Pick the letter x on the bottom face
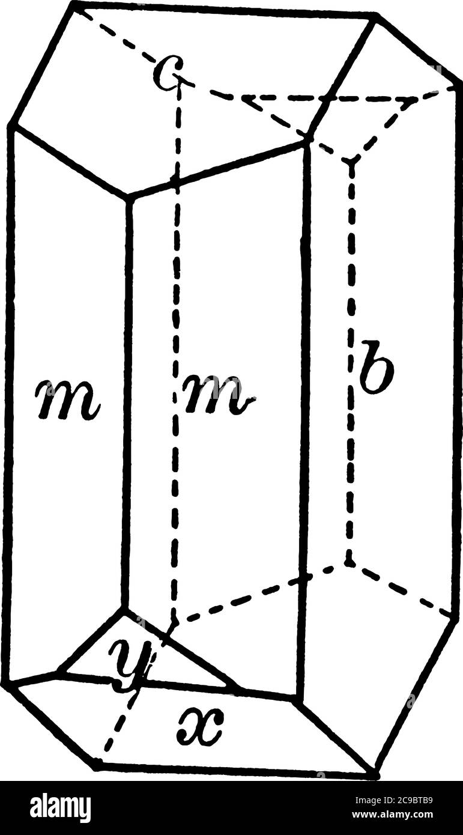pyautogui.click(x=201, y=727)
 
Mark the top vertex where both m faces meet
pyautogui.click(x=127, y=196)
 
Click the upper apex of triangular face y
pyautogui.click(x=126, y=609)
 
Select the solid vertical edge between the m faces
pyautogui.click(x=126, y=402)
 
